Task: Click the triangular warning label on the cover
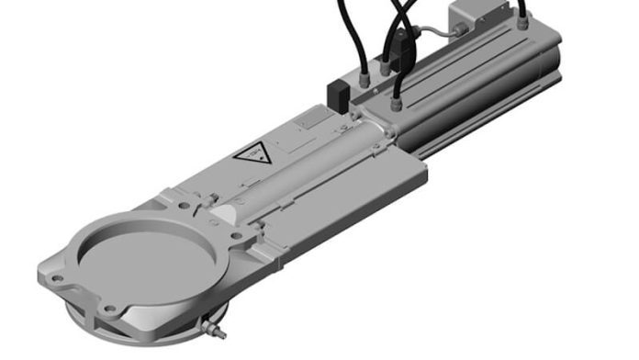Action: (251, 152)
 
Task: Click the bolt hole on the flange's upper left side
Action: (165, 194)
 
